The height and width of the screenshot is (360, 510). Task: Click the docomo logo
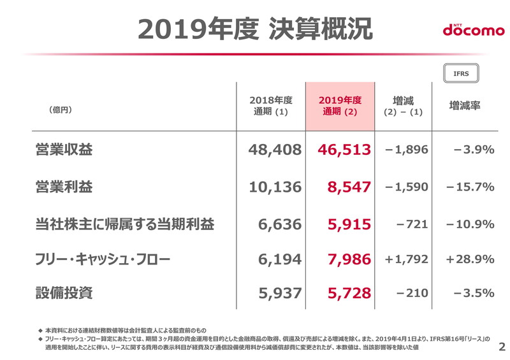473,29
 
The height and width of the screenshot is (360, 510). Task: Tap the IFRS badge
461,73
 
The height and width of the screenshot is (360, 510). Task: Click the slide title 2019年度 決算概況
255,29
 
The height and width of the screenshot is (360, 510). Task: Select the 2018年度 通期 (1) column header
270,106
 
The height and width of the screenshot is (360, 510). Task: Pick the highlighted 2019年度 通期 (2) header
340,106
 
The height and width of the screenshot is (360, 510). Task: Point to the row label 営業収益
64,150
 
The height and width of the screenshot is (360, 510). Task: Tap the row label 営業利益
64,187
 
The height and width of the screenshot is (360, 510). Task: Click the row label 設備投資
64,292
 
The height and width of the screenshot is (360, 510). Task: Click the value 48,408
274,150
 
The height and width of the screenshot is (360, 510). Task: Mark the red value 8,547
349,187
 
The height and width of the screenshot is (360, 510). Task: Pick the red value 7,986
349,259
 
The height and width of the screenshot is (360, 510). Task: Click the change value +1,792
406,259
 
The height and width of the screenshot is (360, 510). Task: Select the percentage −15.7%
470,187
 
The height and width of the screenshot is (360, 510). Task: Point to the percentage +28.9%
470,259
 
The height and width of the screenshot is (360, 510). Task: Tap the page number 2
501,347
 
